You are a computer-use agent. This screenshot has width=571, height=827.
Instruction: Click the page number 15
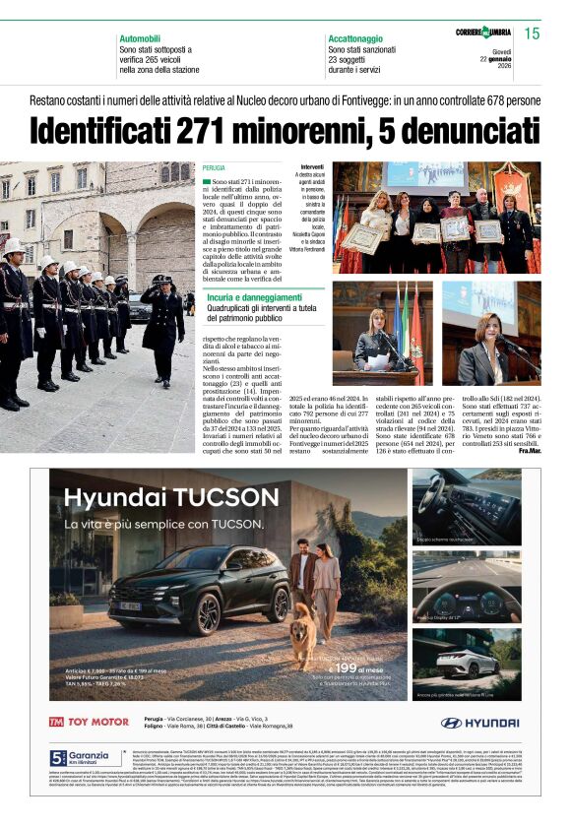[x=532, y=34]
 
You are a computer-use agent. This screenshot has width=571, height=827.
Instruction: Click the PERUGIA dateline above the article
[x=214, y=169]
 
